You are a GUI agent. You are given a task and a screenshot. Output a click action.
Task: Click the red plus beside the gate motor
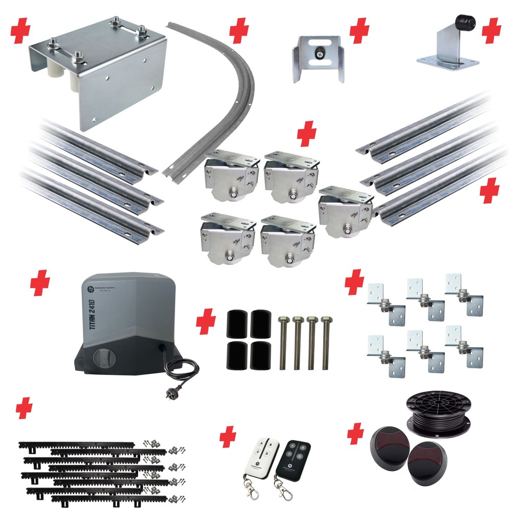(40, 283)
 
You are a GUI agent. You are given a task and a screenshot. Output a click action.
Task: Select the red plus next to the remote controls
(228, 437)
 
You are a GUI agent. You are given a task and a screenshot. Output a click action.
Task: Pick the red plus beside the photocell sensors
(355, 435)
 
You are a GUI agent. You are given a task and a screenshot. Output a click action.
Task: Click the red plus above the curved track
(239, 31)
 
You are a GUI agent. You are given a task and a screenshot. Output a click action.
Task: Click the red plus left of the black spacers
(206, 322)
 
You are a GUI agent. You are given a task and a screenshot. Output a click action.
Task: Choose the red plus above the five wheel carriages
(307, 135)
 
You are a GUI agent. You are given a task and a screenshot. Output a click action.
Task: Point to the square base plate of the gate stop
(447, 63)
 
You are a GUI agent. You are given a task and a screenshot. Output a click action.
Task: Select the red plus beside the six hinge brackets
(354, 282)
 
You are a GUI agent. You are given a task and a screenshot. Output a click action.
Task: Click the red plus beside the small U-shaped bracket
(360, 31)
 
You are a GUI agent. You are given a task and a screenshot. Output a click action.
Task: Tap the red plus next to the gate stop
(492, 31)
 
